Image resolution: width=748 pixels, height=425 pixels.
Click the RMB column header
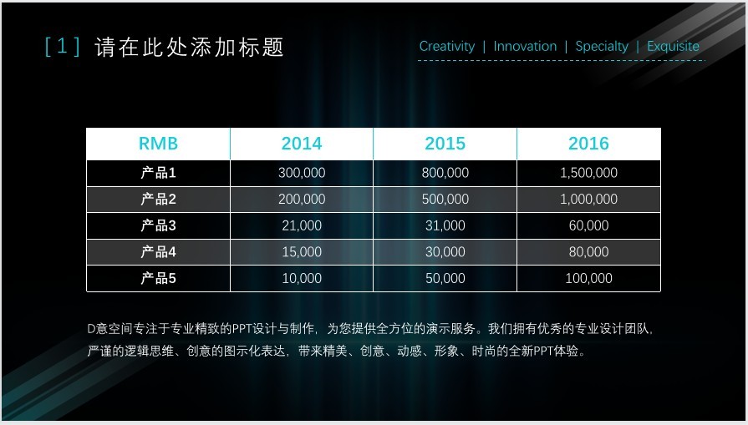[x=158, y=144]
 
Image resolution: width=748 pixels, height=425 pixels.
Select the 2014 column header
[x=302, y=144]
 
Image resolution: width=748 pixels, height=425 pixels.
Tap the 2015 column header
[x=445, y=144]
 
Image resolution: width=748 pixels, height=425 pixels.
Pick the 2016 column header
[x=588, y=144]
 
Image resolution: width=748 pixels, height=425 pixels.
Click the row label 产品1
[x=159, y=173]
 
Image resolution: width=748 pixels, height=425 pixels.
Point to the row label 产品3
[x=159, y=225]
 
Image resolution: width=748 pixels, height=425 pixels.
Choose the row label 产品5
[x=159, y=278]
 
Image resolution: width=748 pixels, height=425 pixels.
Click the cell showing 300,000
[x=302, y=173]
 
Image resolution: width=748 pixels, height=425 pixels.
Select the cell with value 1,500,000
[x=588, y=173]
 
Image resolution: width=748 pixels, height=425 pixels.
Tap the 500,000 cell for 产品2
[x=445, y=200]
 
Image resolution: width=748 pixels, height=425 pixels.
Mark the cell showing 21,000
[x=302, y=225]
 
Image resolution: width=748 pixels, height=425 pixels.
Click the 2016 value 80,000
[x=588, y=252]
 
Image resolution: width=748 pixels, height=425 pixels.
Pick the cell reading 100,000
[x=588, y=278]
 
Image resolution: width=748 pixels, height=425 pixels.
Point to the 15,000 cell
[x=302, y=252]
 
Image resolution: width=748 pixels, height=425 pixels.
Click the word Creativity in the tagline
[x=447, y=47]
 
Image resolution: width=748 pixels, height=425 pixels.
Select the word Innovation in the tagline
[x=525, y=46]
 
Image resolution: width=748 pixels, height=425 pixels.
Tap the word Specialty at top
[x=602, y=47]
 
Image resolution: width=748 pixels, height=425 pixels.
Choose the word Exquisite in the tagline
[x=673, y=46]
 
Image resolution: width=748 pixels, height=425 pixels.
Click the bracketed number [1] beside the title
[x=62, y=47]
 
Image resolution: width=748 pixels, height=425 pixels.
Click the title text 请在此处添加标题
[x=190, y=47]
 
